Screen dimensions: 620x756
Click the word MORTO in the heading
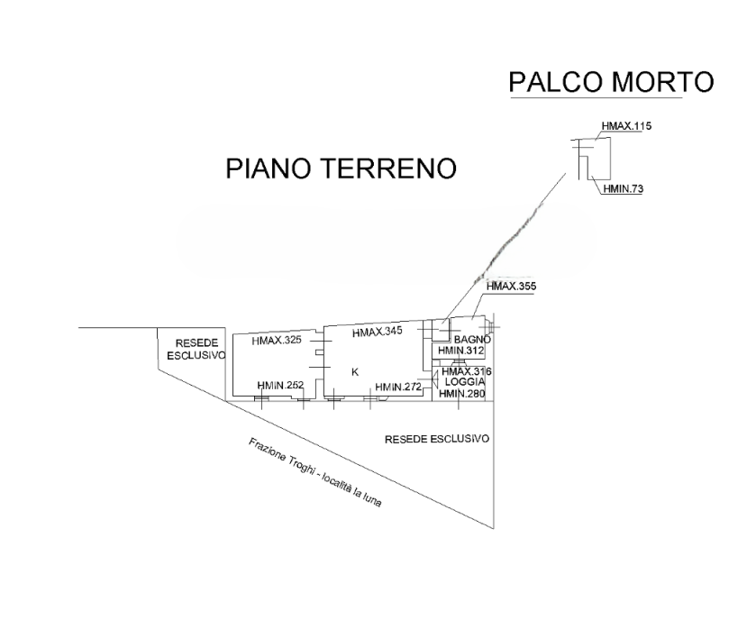(662, 82)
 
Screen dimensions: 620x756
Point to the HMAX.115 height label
(626, 128)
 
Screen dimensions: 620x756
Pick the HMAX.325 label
(277, 341)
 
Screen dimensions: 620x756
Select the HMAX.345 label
(376, 333)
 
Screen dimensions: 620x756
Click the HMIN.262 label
(280, 386)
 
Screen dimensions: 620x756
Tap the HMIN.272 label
(399, 387)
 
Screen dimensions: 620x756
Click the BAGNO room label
(471, 339)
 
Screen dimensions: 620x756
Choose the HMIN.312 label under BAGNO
(462, 350)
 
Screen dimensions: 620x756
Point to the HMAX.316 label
(467, 371)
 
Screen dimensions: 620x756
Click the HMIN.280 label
(463, 393)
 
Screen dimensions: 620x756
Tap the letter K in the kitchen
(354, 371)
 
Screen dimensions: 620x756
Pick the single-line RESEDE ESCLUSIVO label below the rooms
(436, 439)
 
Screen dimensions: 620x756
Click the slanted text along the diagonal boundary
(315, 472)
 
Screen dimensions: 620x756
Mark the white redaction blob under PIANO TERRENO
(386, 241)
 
